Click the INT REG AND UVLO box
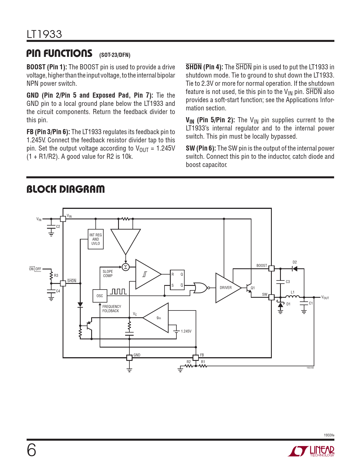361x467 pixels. (96, 239)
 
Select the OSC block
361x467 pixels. (100, 296)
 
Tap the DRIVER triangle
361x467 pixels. (227, 288)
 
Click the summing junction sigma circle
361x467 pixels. (125, 267)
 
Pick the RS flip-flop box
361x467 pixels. (177, 280)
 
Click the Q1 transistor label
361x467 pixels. (253, 288)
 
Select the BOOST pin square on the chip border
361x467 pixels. (271, 268)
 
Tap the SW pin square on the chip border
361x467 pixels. (271, 297)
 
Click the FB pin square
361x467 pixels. (196, 357)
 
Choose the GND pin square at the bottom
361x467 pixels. (129, 357)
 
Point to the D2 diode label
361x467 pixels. (295, 262)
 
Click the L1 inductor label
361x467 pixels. (293, 292)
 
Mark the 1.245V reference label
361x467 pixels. (186, 331)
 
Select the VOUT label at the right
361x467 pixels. (325, 297)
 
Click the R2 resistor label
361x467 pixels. (189, 362)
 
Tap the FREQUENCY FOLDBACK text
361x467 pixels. (112, 309)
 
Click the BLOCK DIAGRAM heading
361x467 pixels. (66, 189)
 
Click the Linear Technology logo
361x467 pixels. (311, 451)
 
